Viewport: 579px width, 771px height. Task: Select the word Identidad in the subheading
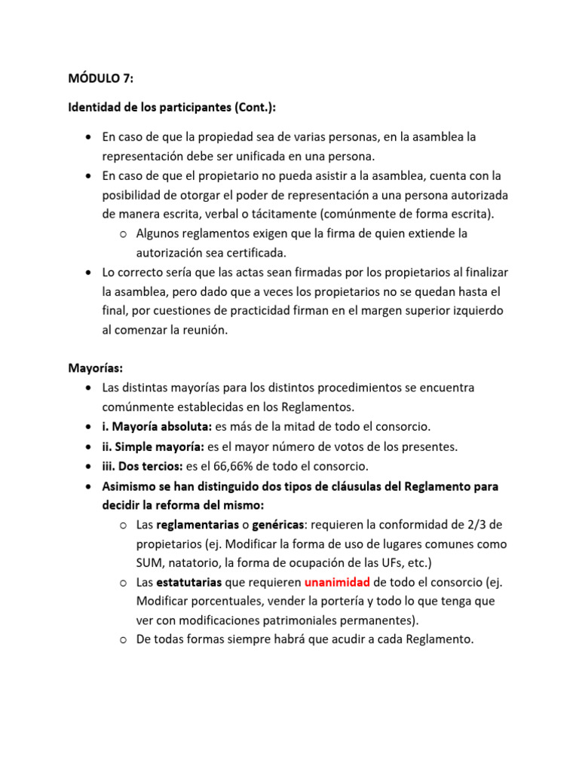point(94,108)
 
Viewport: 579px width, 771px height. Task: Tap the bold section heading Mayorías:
point(95,368)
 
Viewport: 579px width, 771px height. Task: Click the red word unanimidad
point(337,582)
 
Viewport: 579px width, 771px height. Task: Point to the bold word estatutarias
point(189,582)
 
